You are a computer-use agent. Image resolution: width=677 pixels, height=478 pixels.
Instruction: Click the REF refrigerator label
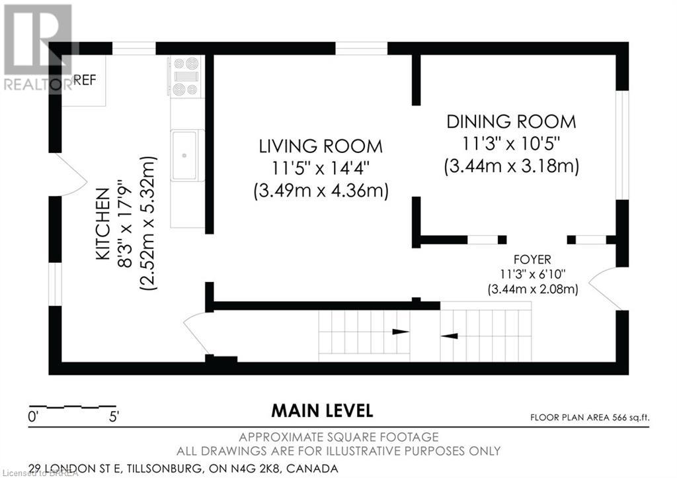pos(85,80)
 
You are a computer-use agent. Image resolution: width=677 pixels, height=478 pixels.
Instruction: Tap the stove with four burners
pos(186,77)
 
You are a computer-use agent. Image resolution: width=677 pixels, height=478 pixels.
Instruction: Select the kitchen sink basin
pos(184,156)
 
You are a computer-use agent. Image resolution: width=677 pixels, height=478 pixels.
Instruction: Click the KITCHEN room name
pos(102,224)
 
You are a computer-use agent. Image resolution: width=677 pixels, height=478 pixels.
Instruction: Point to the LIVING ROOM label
pos(321,146)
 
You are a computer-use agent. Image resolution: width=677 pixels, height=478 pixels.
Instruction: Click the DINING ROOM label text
pos(511,121)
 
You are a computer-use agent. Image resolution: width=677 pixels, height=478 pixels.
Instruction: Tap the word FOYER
pos(532,260)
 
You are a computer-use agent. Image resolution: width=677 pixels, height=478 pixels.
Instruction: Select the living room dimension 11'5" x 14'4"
pos(321,168)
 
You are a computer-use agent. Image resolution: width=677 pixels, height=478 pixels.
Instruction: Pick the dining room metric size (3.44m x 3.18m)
pos(511,166)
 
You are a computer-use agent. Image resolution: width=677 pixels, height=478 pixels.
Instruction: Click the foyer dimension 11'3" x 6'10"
pos(533,274)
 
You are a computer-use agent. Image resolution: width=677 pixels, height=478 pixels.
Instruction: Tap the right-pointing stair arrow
pos(401,332)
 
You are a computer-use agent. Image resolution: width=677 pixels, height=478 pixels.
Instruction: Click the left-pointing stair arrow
pos(449,336)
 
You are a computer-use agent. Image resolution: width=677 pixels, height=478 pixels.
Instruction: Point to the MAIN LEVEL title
pos(322,410)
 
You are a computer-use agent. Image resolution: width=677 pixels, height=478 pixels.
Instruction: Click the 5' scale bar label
pos(114,417)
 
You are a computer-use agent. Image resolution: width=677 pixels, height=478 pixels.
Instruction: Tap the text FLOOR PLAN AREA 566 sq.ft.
pos(590,418)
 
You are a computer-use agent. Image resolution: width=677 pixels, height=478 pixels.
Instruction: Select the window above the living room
pos(362,48)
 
